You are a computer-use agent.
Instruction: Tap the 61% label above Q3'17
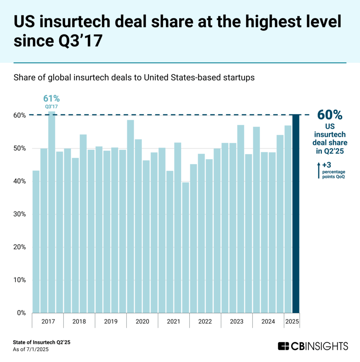pos(52,98)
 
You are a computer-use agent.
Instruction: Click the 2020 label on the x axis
pos(142,321)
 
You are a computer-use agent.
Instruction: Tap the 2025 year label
pos(292,321)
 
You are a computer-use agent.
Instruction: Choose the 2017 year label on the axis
pos(48,321)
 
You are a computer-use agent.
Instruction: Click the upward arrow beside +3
pos(318,170)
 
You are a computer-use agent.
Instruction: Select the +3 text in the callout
pos(326,165)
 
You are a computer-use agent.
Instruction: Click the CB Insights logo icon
pos(283,346)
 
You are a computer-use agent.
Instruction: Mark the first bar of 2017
pos(36,242)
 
